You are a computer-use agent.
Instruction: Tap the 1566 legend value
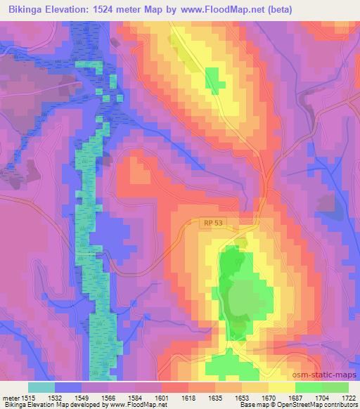(109, 398)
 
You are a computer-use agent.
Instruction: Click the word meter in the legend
(10, 398)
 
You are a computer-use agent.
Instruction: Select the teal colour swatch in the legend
(41, 387)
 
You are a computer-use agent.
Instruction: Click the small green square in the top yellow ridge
(214, 80)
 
